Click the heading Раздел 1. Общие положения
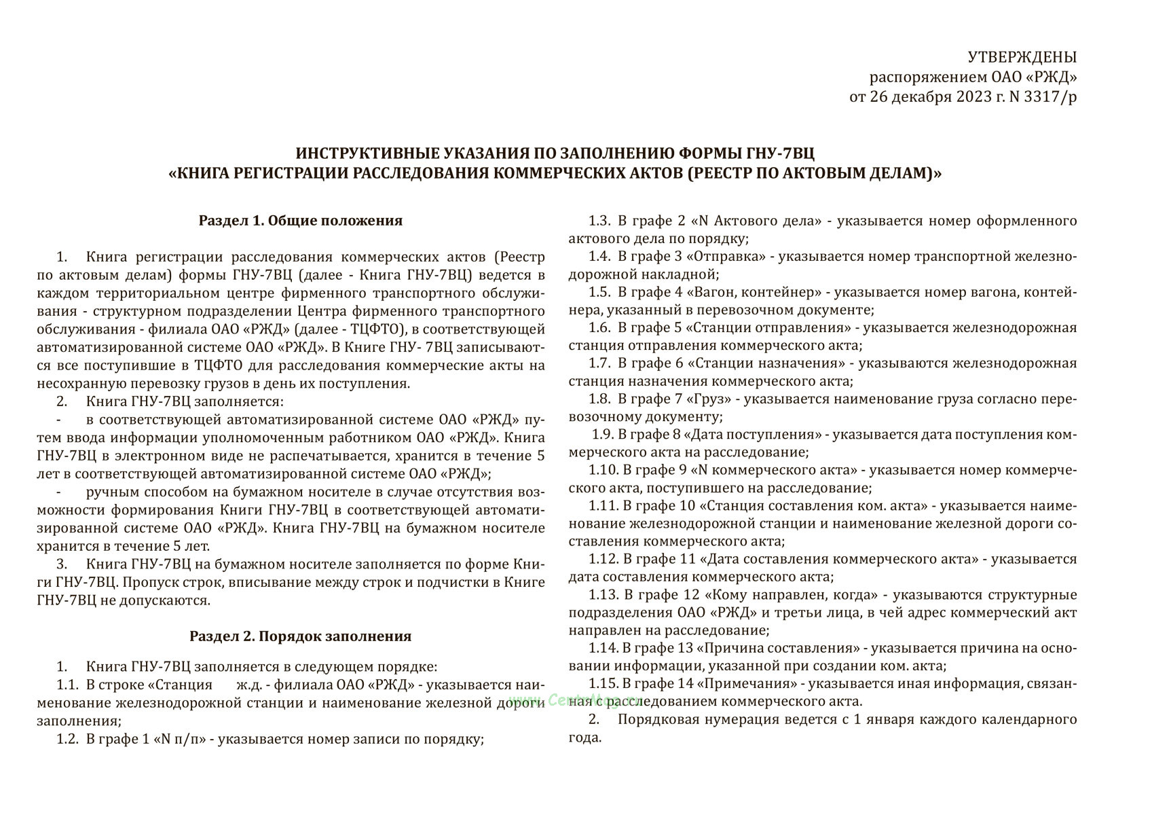300,221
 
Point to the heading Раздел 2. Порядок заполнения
300,636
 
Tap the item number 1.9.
603,435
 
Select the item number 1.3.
600,221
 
